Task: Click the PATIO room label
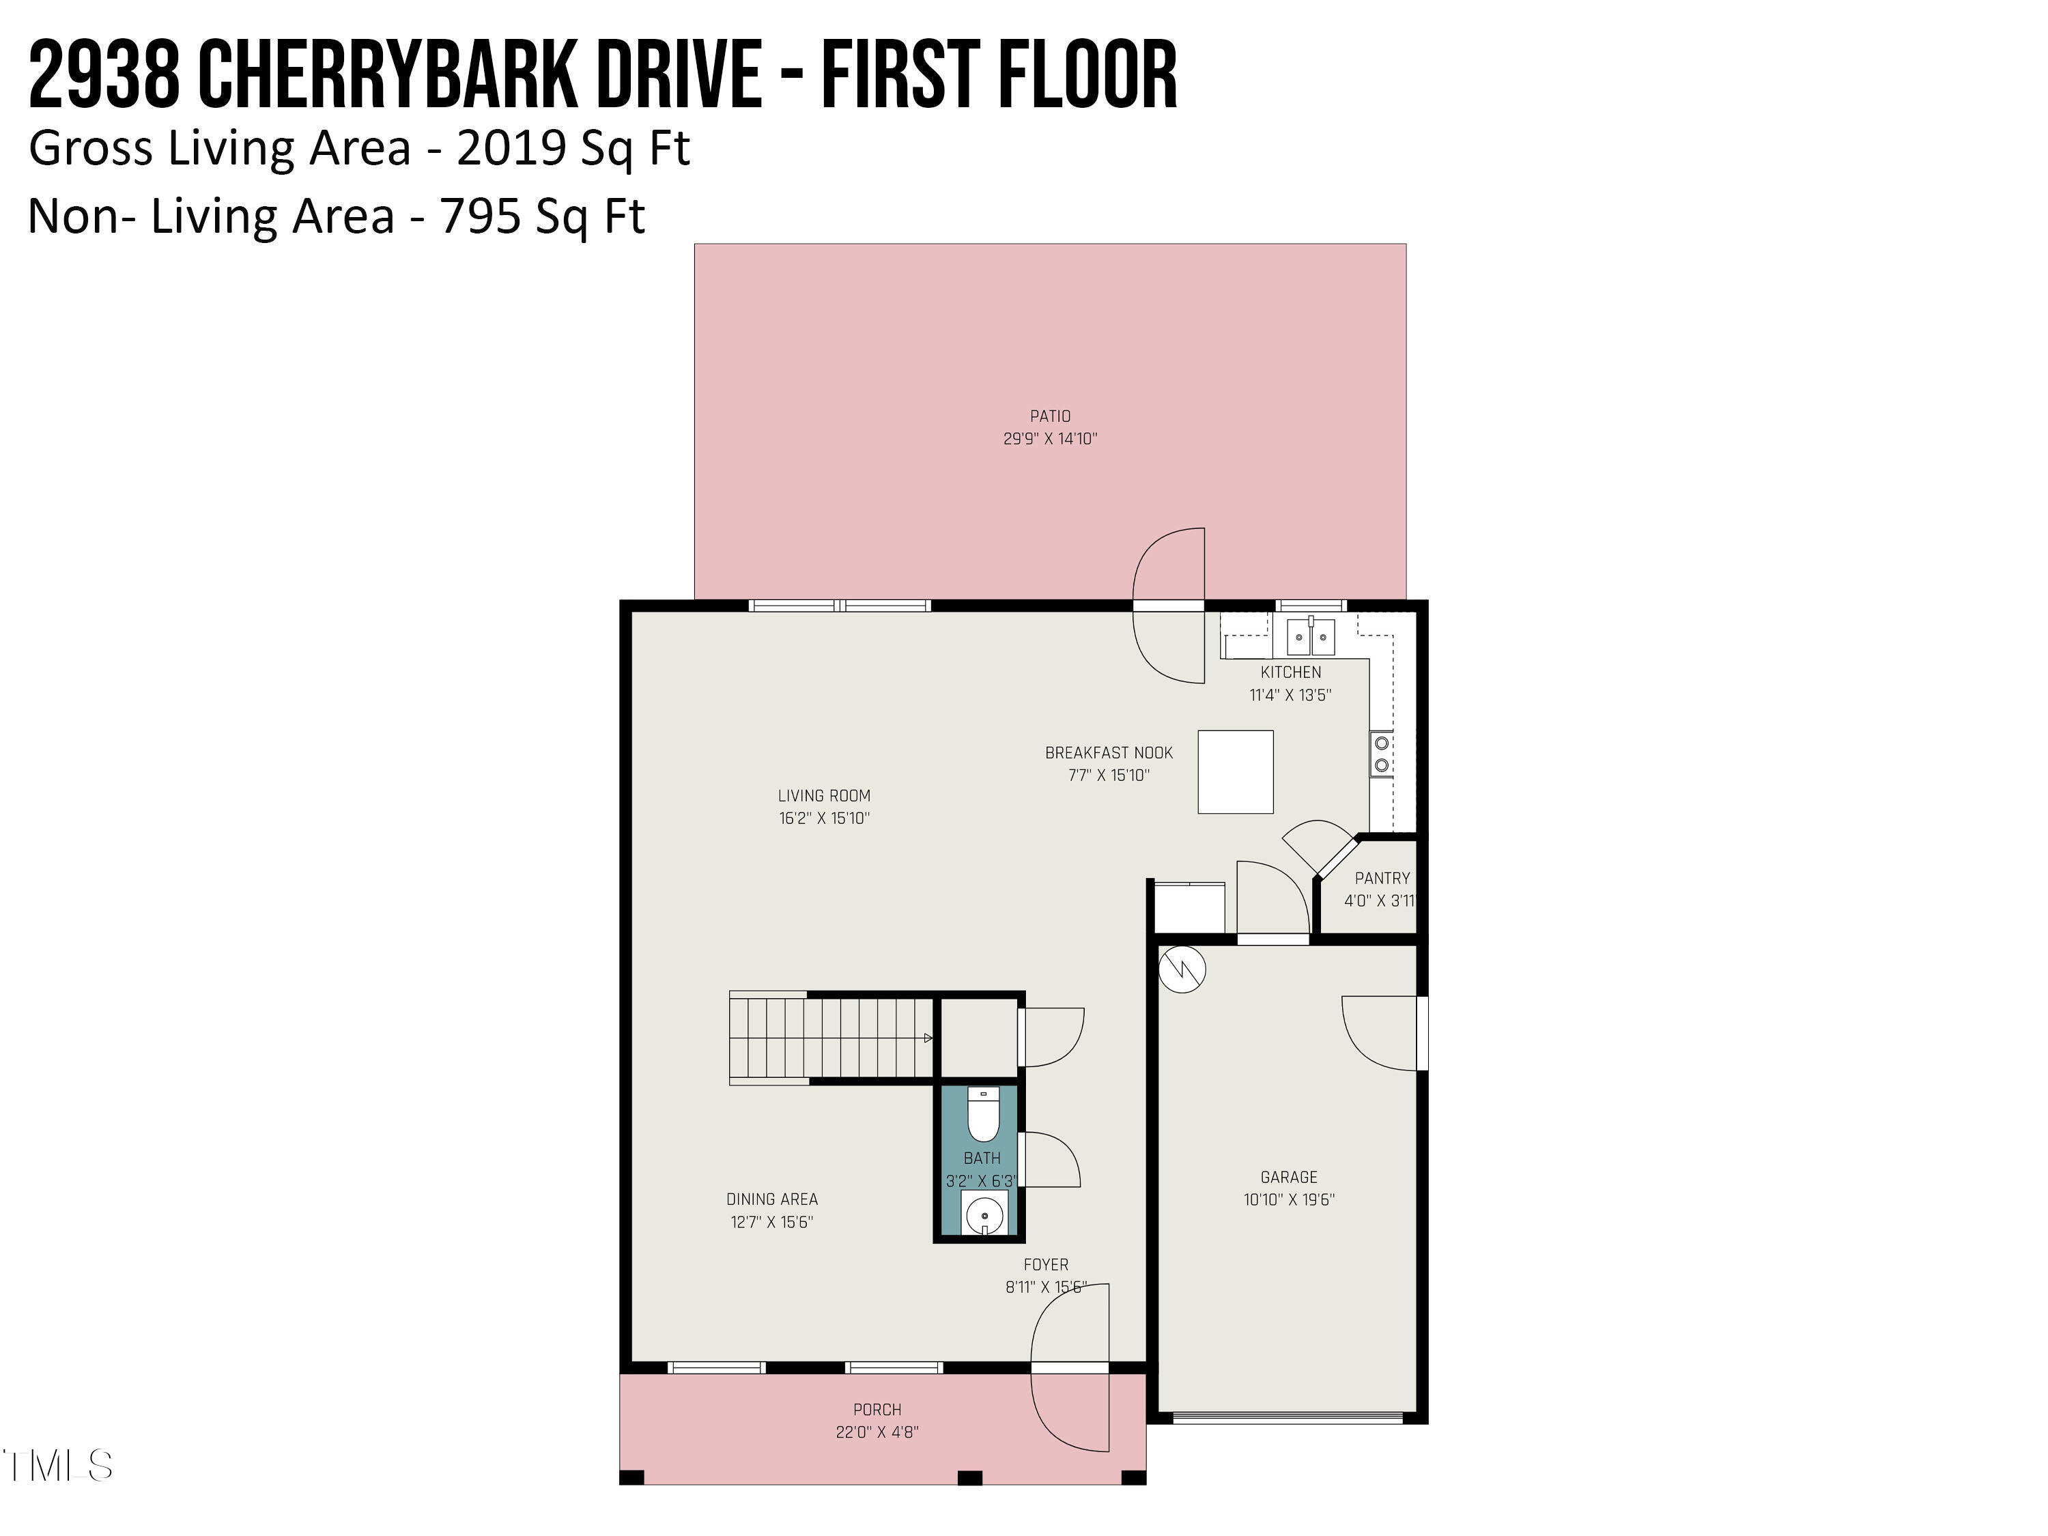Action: pyautogui.click(x=1050, y=416)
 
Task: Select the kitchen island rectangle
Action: pyautogui.click(x=1235, y=772)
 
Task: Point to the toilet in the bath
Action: pyautogui.click(x=982, y=1115)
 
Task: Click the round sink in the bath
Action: pyautogui.click(x=983, y=1214)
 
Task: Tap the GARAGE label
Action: pyautogui.click(x=1288, y=1177)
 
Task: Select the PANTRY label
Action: pyautogui.click(x=1382, y=878)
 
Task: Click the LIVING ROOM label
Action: pyautogui.click(x=823, y=795)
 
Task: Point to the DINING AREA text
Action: pyautogui.click(x=771, y=1199)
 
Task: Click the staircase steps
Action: pyautogui.click(x=829, y=1037)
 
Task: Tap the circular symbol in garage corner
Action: pyautogui.click(x=1182, y=969)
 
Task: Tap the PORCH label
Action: pyautogui.click(x=877, y=1409)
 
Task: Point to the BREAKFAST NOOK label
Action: pyautogui.click(x=1108, y=753)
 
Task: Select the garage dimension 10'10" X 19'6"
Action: pyautogui.click(x=1288, y=1200)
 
